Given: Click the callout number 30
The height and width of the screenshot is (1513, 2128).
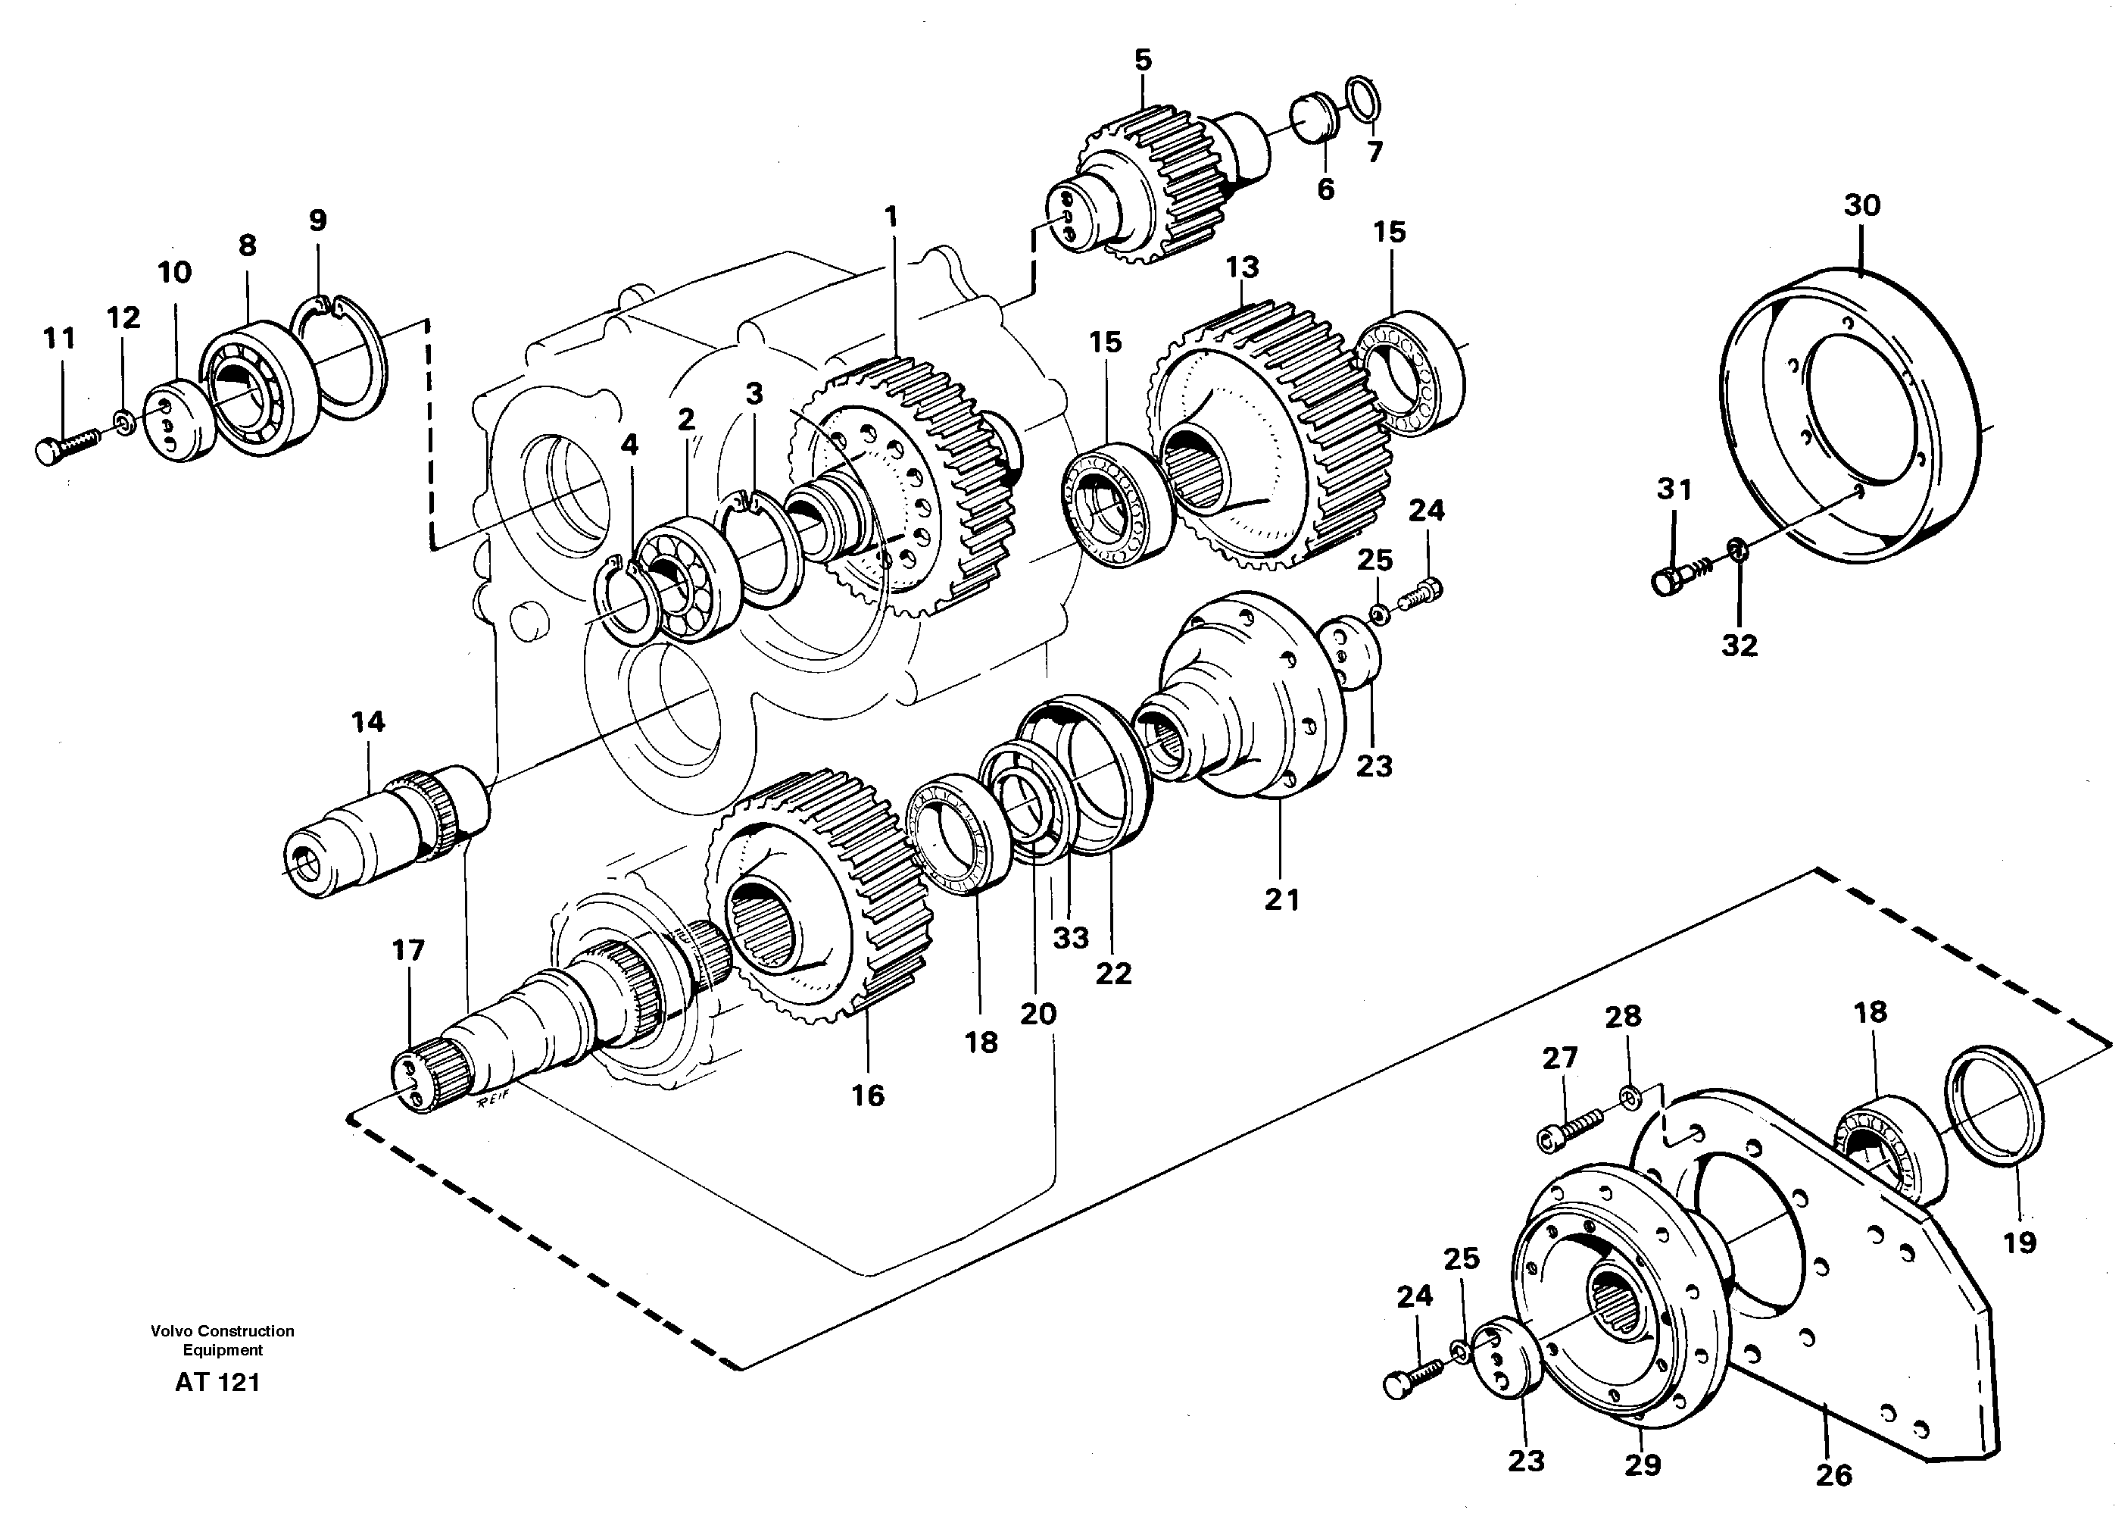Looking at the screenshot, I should point(1861,206).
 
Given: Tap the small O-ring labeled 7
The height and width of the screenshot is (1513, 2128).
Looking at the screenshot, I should point(1365,100).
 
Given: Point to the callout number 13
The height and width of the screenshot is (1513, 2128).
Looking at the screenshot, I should point(1241,267).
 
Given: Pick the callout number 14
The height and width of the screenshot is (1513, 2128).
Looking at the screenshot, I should point(368,721).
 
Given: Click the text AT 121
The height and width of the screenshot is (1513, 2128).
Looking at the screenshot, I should point(217,1383).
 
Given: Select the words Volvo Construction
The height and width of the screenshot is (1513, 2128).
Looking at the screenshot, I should point(223,1331).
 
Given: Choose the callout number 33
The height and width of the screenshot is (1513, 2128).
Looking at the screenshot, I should point(1070,937).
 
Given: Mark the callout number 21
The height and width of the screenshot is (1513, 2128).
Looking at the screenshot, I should point(1281,899).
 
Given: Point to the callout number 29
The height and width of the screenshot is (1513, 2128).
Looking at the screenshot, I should point(1643,1465).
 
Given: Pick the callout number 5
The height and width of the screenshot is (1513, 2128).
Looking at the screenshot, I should point(1143,61).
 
